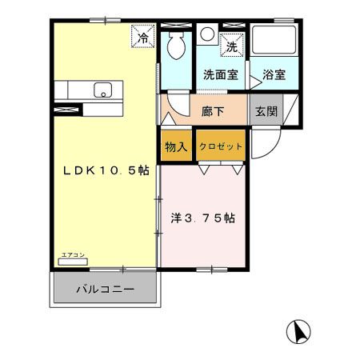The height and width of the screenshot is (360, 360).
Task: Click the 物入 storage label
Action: point(177,146)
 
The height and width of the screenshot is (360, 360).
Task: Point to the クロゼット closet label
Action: point(220,146)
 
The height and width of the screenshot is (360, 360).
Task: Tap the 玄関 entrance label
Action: point(266,110)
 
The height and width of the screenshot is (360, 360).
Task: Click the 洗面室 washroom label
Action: point(219,75)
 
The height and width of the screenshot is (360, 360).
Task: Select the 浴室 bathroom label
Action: point(274,75)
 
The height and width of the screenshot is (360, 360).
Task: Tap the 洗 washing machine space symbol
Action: point(231,46)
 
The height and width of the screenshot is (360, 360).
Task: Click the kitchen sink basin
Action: point(104,90)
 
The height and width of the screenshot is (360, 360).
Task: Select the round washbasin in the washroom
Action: point(206,34)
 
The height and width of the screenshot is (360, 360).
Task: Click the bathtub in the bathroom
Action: point(274,44)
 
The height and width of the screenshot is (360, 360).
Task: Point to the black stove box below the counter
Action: point(68,108)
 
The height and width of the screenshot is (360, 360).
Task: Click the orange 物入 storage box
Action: point(177,146)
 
